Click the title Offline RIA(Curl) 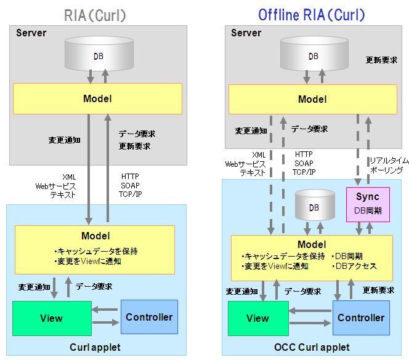click(x=311, y=15)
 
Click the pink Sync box click(x=368, y=202)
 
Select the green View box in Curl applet click(x=51, y=318)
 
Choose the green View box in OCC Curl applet click(x=257, y=318)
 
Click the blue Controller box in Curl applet click(x=149, y=317)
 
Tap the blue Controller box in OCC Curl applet click(x=361, y=318)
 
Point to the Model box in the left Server click(x=97, y=98)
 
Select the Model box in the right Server click(x=312, y=99)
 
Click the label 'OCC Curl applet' click(x=312, y=348)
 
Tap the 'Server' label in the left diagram click(x=31, y=33)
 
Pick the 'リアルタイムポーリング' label click(x=386, y=165)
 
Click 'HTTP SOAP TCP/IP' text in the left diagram click(x=131, y=185)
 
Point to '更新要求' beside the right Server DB click(x=381, y=60)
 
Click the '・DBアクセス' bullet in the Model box click(x=354, y=266)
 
